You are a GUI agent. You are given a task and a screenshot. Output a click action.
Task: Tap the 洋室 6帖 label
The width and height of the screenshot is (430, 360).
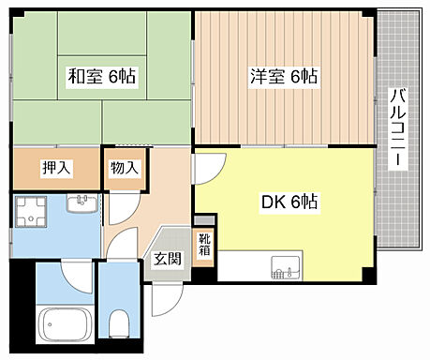[282, 77]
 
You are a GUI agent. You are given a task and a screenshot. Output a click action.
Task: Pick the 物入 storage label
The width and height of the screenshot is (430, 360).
[124, 168]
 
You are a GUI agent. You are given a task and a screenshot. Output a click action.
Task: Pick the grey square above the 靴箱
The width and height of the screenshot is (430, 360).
[210, 219]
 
